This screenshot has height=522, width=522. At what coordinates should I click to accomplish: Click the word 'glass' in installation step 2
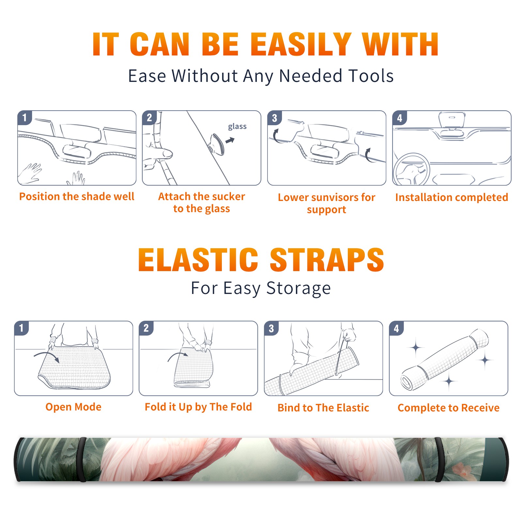pyautogui.click(x=237, y=127)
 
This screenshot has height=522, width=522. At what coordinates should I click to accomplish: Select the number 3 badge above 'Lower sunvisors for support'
pyautogui.click(x=274, y=118)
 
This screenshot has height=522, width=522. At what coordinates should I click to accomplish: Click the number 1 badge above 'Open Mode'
pyautogui.click(x=22, y=328)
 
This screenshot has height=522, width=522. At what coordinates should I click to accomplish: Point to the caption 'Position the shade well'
pyautogui.click(x=77, y=196)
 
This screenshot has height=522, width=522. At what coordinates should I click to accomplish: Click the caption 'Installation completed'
pyautogui.click(x=452, y=197)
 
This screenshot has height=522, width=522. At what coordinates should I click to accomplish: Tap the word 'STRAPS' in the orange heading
pyautogui.click(x=327, y=260)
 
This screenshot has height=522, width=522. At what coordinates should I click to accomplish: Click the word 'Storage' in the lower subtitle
pyautogui.click(x=299, y=288)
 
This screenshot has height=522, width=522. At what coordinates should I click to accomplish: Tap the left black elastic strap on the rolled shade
pyautogui.click(x=82, y=459)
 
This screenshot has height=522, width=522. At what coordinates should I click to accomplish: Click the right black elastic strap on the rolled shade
pyautogui.click(x=439, y=459)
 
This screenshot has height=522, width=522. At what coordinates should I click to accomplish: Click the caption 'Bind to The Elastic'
pyautogui.click(x=323, y=408)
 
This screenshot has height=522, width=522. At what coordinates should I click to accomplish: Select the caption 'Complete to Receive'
pyautogui.click(x=449, y=408)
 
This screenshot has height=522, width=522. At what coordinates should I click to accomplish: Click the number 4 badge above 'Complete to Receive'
pyautogui.click(x=396, y=328)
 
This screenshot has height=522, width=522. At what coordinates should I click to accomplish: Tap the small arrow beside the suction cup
pyautogui.click(x=230, y=140)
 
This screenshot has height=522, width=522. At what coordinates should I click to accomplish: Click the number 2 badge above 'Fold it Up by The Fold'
pyautogui.click(x=146, y=328)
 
